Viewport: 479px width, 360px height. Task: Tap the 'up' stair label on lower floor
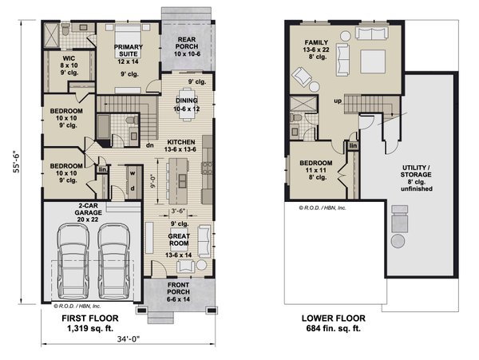click(338, 101)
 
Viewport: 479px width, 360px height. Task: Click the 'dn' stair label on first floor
click(148, 145)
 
